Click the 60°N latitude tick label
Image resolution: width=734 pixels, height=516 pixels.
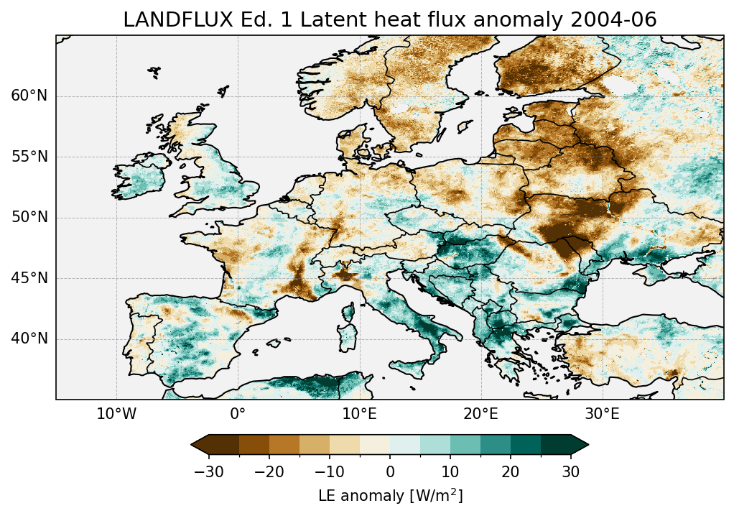(x=29, y=96)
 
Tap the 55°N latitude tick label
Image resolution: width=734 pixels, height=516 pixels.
(x=29, y=157)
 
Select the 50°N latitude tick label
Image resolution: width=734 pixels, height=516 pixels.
(x=29, y=218)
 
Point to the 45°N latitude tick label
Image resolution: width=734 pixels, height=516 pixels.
(x=29, y=278)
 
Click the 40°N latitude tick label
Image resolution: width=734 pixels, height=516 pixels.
(x=29, y=338)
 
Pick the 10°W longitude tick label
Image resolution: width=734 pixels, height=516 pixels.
(x=116, y=414)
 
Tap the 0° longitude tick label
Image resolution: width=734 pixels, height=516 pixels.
(x=238, y=414)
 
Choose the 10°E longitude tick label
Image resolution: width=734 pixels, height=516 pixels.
(x=359, y=414)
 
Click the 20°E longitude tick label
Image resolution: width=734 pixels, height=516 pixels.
(x=480, y=414)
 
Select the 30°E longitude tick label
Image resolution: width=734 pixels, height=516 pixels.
(x=602, y=414)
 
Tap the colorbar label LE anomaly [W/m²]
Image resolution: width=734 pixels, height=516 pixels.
(x=390, y=496)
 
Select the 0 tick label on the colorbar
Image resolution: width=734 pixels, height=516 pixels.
(x=390, y=471)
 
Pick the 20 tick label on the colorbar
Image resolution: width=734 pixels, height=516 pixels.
(x=511, y=471)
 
